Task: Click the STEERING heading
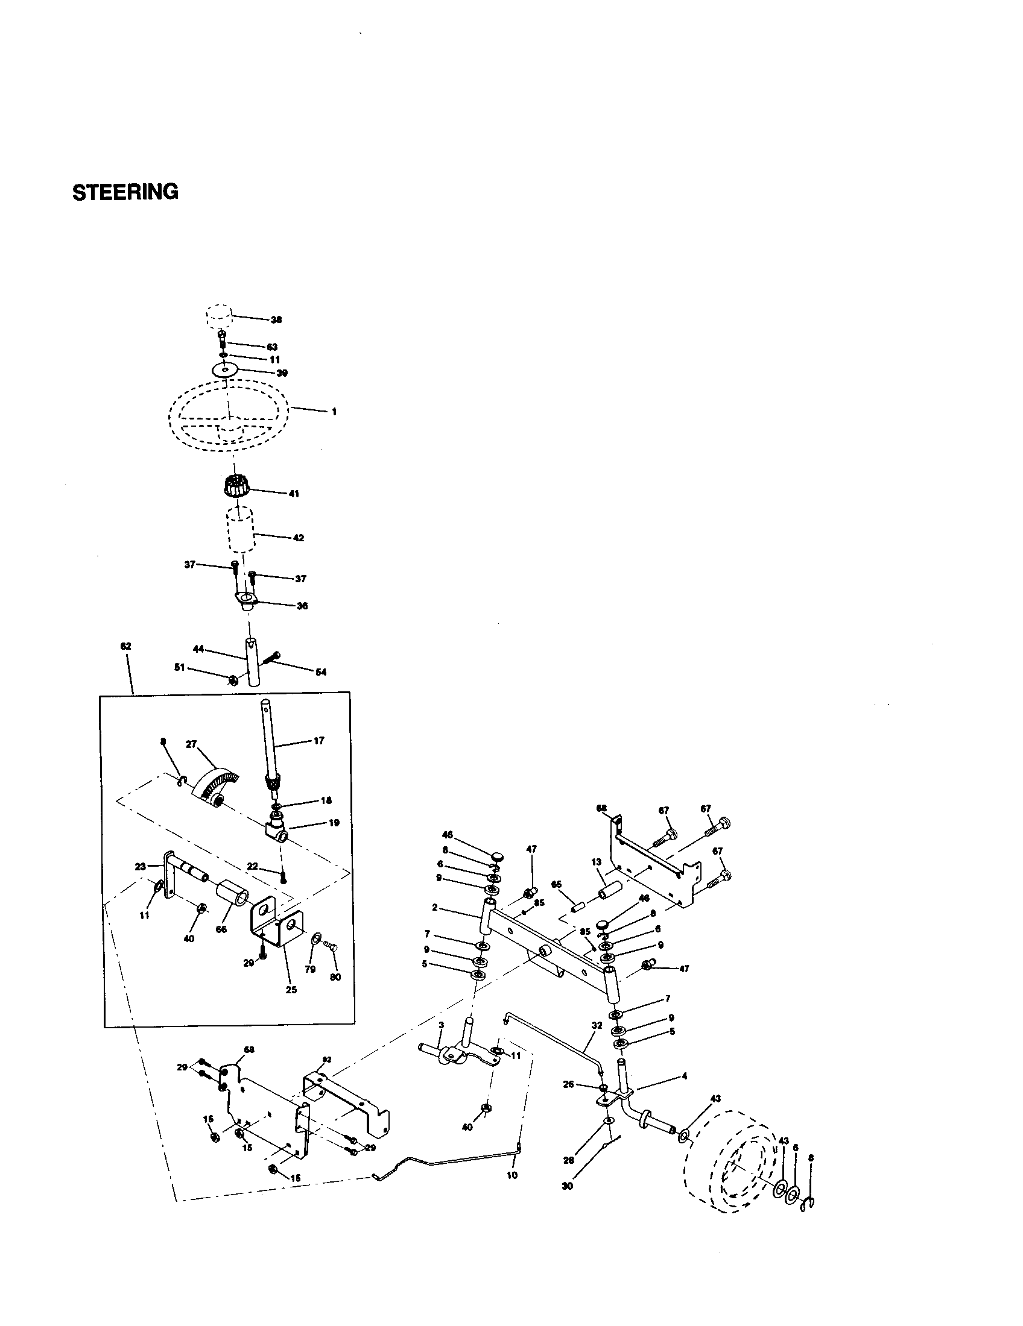click(x=125, y=192)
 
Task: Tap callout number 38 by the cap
click(x=276, y=320)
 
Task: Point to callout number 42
click(x=298, y=538)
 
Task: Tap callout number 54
click(x=321, y=672)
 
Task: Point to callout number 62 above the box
click(x=126, y=647)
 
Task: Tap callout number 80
click(x=335, y=977)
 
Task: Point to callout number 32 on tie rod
click(x=597, y=1025)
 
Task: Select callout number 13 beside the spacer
click(x=596, y=862)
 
